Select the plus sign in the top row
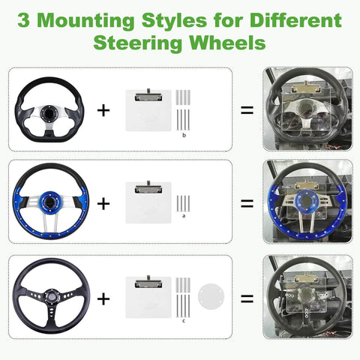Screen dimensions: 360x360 point(103,110)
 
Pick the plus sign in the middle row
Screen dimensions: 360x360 point(103,203)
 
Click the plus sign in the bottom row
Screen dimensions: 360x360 point(103,298)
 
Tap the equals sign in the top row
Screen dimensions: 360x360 point(247,110)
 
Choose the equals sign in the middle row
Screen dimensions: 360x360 point(247,203)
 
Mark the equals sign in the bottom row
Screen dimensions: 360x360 point(247,298)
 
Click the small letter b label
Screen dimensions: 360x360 point(184,136)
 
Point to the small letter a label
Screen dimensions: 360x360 point(184,214)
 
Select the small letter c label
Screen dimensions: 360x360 point(184,322)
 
